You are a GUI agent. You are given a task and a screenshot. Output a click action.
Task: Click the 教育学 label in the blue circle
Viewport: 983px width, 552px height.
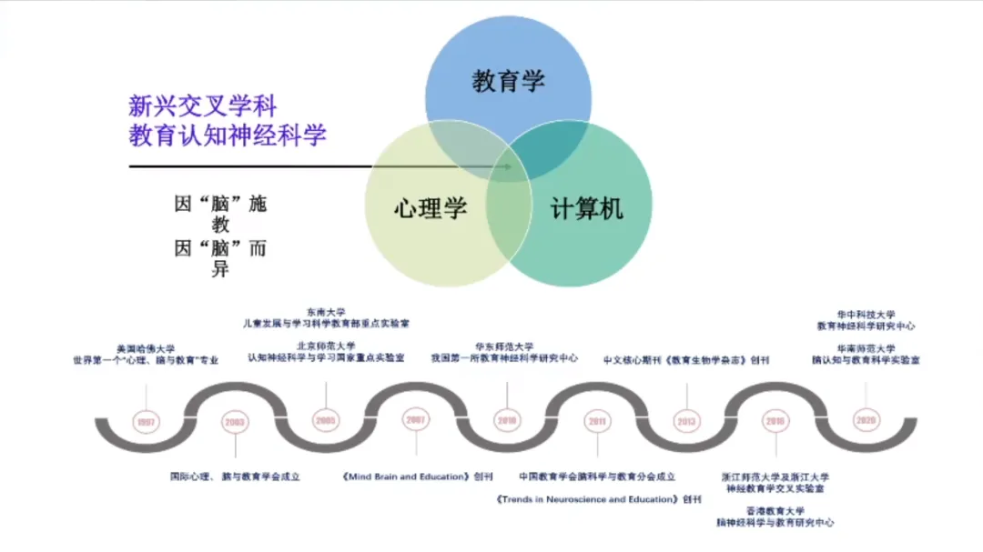point(507,81)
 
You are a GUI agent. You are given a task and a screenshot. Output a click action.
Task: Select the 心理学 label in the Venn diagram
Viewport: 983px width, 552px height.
point(430,208)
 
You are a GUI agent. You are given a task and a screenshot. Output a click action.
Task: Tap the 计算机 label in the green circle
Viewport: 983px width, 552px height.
point(587,208)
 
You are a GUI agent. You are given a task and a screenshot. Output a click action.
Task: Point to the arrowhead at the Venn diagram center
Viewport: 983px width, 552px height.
point(508,166)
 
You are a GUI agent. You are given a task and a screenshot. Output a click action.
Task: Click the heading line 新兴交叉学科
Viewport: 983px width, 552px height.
point(201,105)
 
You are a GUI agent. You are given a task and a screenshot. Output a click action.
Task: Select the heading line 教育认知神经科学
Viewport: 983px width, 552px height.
point(227,136)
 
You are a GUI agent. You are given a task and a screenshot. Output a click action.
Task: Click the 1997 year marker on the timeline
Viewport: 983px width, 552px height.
point(146,421)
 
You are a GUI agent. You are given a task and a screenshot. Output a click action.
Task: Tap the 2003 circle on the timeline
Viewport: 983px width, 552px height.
point(235,421)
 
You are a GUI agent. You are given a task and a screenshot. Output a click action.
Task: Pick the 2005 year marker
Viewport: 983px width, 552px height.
point(325,420)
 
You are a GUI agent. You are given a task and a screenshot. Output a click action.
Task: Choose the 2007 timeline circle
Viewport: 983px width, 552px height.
point(416,420)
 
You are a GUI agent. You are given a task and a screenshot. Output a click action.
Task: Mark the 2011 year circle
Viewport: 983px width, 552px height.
point(597,421)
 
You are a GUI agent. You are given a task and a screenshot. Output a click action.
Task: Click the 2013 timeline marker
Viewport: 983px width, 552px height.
point(687,421)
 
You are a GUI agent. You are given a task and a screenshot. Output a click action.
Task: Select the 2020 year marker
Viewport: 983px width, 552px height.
point(866,420)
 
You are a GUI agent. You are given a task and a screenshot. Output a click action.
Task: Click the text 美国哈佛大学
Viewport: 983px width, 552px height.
point(146,348)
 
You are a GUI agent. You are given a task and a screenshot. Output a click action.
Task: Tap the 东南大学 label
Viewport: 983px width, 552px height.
point(325,311)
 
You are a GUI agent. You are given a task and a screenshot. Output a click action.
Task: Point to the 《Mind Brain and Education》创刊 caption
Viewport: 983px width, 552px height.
point(418,476)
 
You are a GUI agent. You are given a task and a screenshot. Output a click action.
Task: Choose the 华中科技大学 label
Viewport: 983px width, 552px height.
point(866,314)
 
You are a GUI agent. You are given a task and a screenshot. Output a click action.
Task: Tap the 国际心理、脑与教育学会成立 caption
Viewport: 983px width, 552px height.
point(235,476)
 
